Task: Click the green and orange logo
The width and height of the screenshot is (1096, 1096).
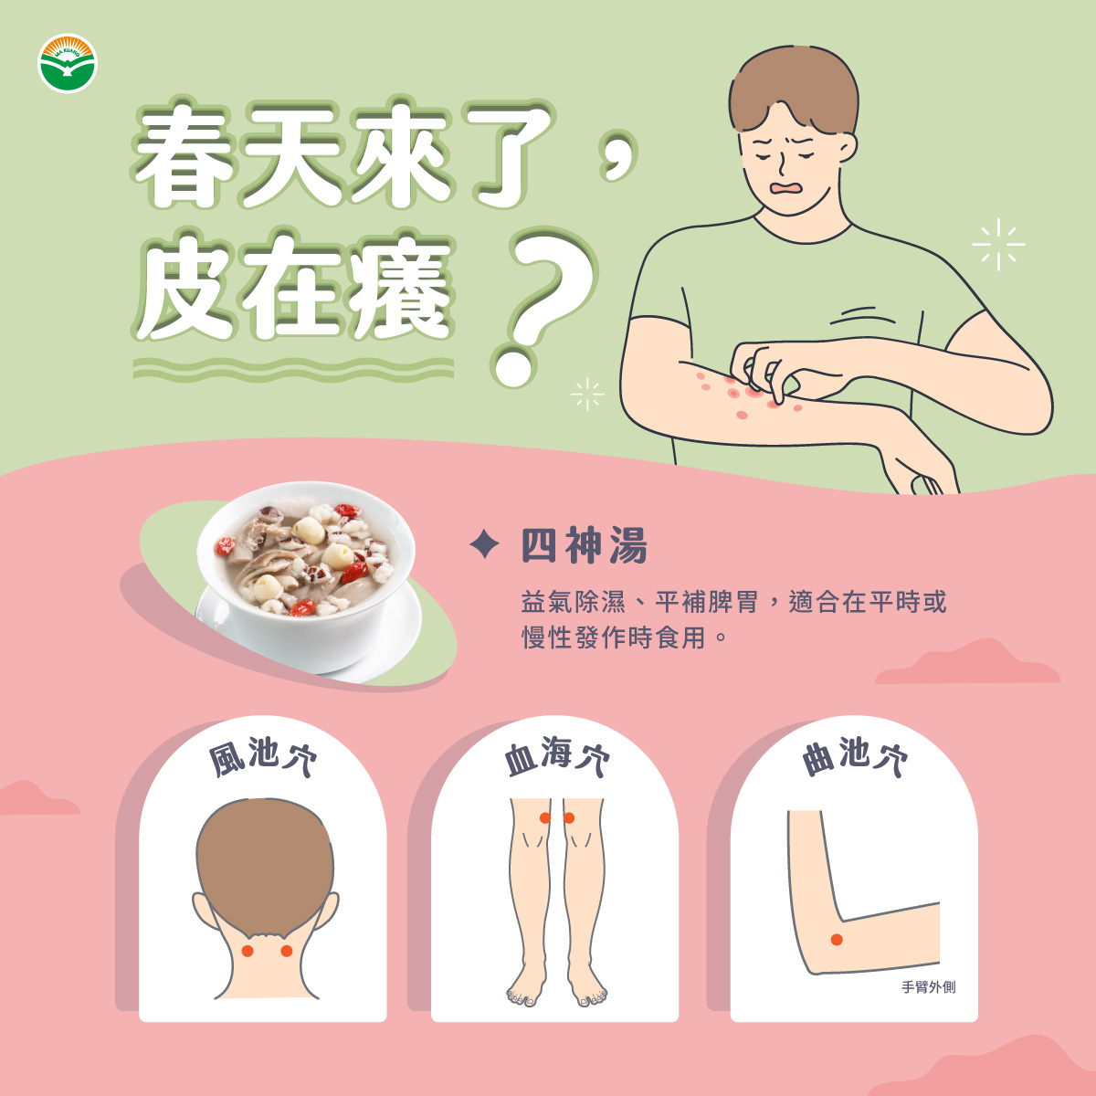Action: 67,63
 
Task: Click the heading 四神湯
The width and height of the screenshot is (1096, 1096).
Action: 585,545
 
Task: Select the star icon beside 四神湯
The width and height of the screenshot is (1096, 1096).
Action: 485,544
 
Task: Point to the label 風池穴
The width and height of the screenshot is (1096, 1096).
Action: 263,757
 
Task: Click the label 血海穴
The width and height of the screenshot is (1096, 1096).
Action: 556,756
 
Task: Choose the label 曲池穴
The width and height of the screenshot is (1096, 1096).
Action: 854,756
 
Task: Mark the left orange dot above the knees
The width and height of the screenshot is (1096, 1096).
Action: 545,817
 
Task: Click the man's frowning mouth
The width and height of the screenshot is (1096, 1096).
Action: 785,188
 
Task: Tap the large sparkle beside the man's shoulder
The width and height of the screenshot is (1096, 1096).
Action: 998,245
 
